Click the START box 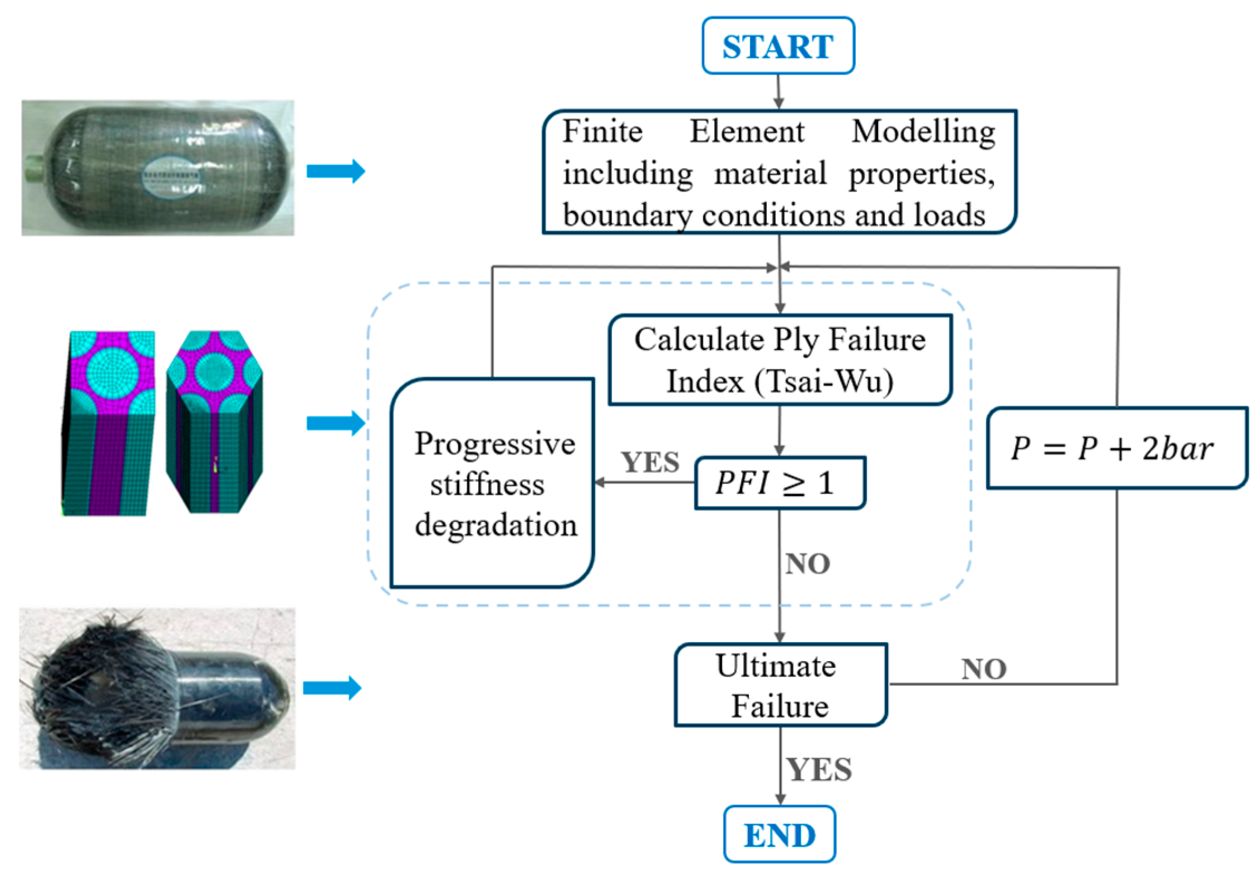coord(778,46)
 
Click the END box coord(779,834)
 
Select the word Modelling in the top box coord(923,132)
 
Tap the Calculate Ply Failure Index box coord(779,360)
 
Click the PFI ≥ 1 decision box coord(779,482)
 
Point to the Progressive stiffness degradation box coord(493,483)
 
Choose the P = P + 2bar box coord(1116,448)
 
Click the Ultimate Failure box coord(779,685)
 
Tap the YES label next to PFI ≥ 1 coord(650,462)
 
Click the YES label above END coord(819,770)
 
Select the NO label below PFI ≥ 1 coord(807,564)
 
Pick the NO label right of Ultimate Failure coord(984,669)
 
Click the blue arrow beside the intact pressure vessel coord(336,170)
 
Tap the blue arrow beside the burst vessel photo coord(332,688)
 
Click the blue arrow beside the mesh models coord(336,423)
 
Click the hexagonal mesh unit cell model coord(214,422)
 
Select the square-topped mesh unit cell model coord(109,423)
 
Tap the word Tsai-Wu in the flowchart coord(824,382)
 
